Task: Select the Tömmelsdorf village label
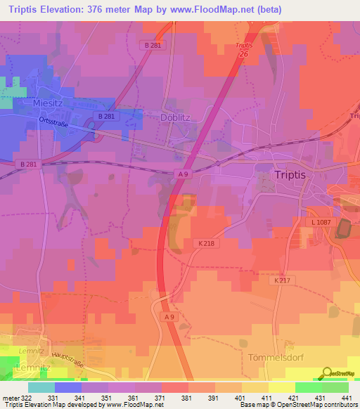[276, 357]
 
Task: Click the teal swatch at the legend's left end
[41, 387]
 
